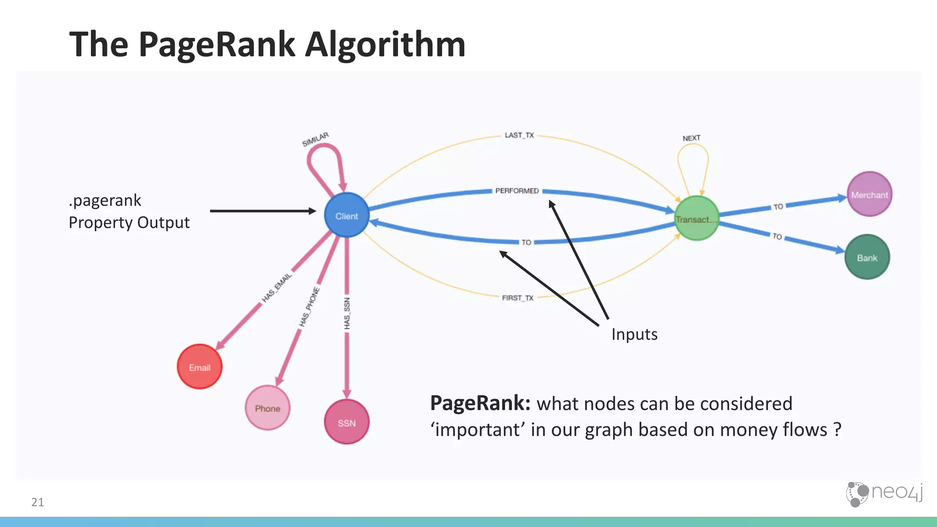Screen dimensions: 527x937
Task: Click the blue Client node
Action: [x=346, y=215]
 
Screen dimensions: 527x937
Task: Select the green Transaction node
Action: [x=696, y=219]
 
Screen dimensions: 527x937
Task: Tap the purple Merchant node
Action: [x=869, y=194]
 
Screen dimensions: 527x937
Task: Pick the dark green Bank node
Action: [x=867, y=258]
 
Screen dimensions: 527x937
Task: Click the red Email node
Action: [x=199, y=367]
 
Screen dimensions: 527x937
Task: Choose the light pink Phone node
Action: [x=267, y=408]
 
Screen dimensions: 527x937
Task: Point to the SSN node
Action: [x=346, y=422]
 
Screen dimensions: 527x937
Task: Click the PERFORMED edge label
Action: [x=517, y=191]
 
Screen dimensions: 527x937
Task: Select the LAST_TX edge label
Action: [x=519, y=135]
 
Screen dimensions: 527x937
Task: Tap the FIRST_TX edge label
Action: [x=517, y=298]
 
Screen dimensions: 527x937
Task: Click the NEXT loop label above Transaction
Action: [x=691, y=138]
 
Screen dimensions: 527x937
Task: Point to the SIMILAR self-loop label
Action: [x=315, y=139]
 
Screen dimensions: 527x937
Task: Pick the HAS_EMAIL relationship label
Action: [x=276, y=287]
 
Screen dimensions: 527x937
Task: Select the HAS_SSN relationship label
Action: [x=347, y=313]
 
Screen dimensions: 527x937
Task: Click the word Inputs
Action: [x=634, y=334]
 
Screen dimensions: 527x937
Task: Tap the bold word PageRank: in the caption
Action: [x=480, y=403]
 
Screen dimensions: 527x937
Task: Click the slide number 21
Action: [x=38, y=502]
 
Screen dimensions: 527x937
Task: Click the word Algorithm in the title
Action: [x=385, y=44]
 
